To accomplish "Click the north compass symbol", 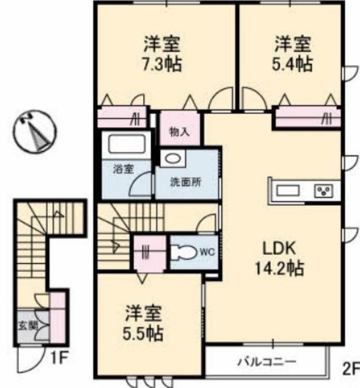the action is click(35, 131).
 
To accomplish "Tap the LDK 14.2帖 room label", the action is click(280, 258).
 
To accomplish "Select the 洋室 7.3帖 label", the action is click(162, 54).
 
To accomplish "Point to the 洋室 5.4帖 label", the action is click(293, 54).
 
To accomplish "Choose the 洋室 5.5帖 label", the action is click(143, 323).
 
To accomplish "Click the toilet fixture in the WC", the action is click(184, 252).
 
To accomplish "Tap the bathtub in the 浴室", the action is click(126, 144).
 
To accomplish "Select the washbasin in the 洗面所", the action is click(173, 158).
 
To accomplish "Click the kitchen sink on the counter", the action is click(288, 191).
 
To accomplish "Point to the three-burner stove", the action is click(324, 191).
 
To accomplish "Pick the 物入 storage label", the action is click(179, 132).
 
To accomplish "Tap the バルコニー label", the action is click(267, 362).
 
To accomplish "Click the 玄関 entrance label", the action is click(28, 325).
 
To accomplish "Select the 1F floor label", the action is click(59, 358).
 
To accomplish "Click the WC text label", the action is click(207, 252).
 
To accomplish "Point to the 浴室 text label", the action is click(124, 169).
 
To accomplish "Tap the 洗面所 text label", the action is click(186, 182).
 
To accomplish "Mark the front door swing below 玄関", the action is click(30, 359).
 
